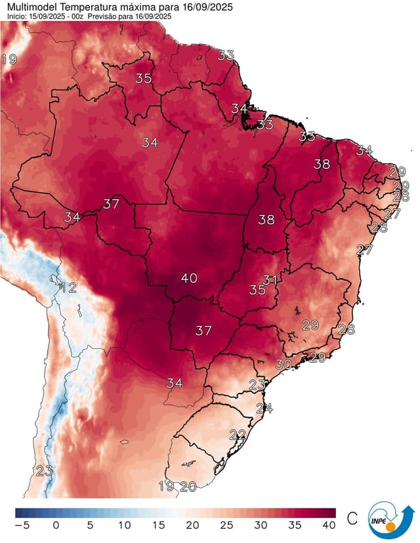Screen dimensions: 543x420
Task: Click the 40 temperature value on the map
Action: [x=189, y=278]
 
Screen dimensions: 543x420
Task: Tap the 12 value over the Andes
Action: [x=68, y=287]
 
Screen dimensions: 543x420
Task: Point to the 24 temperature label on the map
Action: [x=264, y=408]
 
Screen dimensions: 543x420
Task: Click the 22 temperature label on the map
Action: [x=238, y=434]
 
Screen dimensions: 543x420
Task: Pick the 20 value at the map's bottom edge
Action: [x=188, y=487]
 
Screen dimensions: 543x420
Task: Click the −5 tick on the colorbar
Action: [x=22, y=525]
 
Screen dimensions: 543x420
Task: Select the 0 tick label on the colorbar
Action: [x=56, y=525]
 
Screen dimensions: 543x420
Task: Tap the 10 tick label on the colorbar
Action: [x=125, y=525]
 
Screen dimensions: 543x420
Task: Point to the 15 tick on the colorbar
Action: [x=159, y=525]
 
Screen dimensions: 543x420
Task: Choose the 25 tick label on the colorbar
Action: [x=227, y=525]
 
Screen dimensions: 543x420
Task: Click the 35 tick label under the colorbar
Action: [x=295, y=525]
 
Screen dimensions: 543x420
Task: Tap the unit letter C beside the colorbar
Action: [x=352, y=519]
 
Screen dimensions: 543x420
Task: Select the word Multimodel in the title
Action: [x=30, y=6]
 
